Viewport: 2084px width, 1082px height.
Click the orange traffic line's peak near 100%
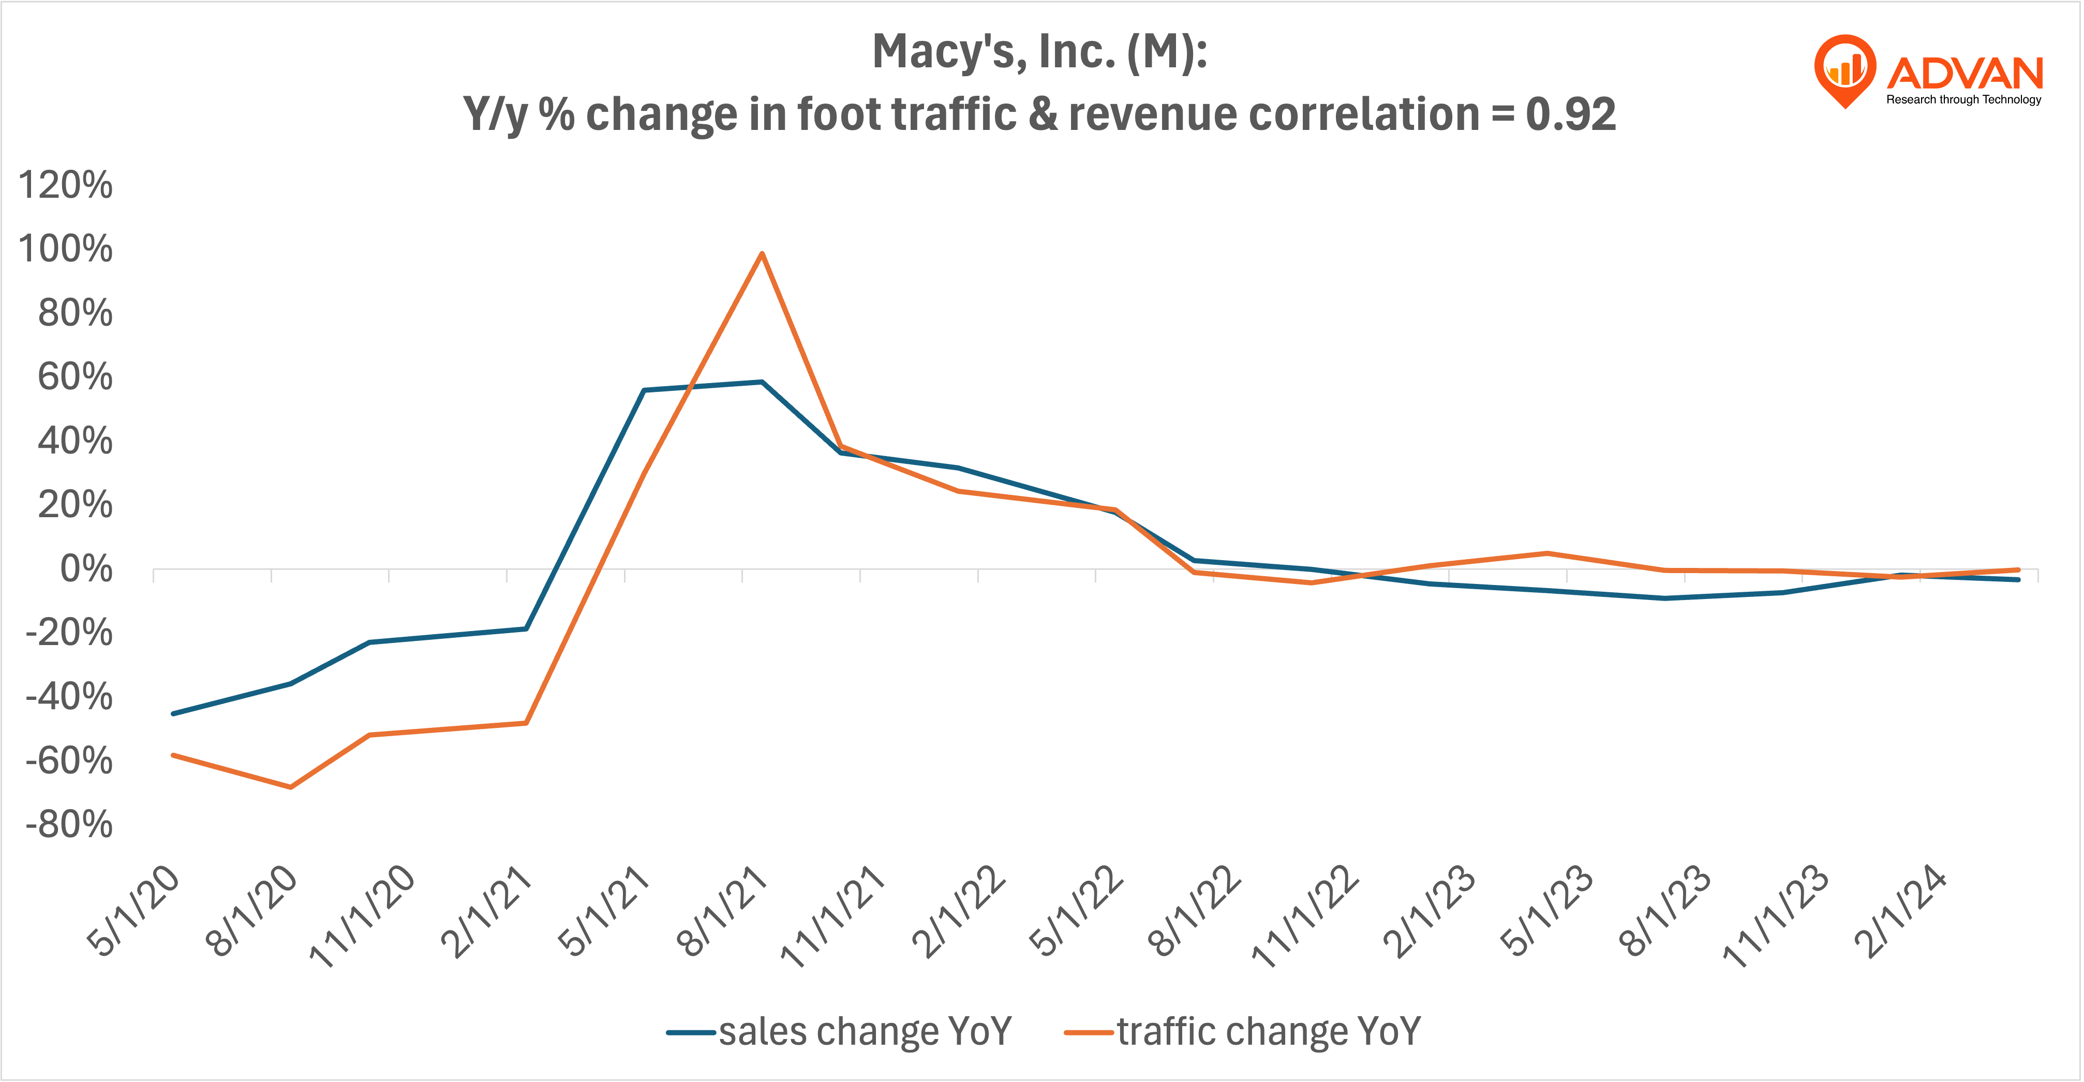[761, 254]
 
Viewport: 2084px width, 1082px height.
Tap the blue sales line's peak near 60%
[761, 382]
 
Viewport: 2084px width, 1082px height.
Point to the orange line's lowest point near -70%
[290, 786]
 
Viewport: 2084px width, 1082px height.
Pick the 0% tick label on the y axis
[86, 569]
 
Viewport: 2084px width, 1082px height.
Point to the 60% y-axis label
[75, 376]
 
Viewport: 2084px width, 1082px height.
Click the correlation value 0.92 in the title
[1570, 114]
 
